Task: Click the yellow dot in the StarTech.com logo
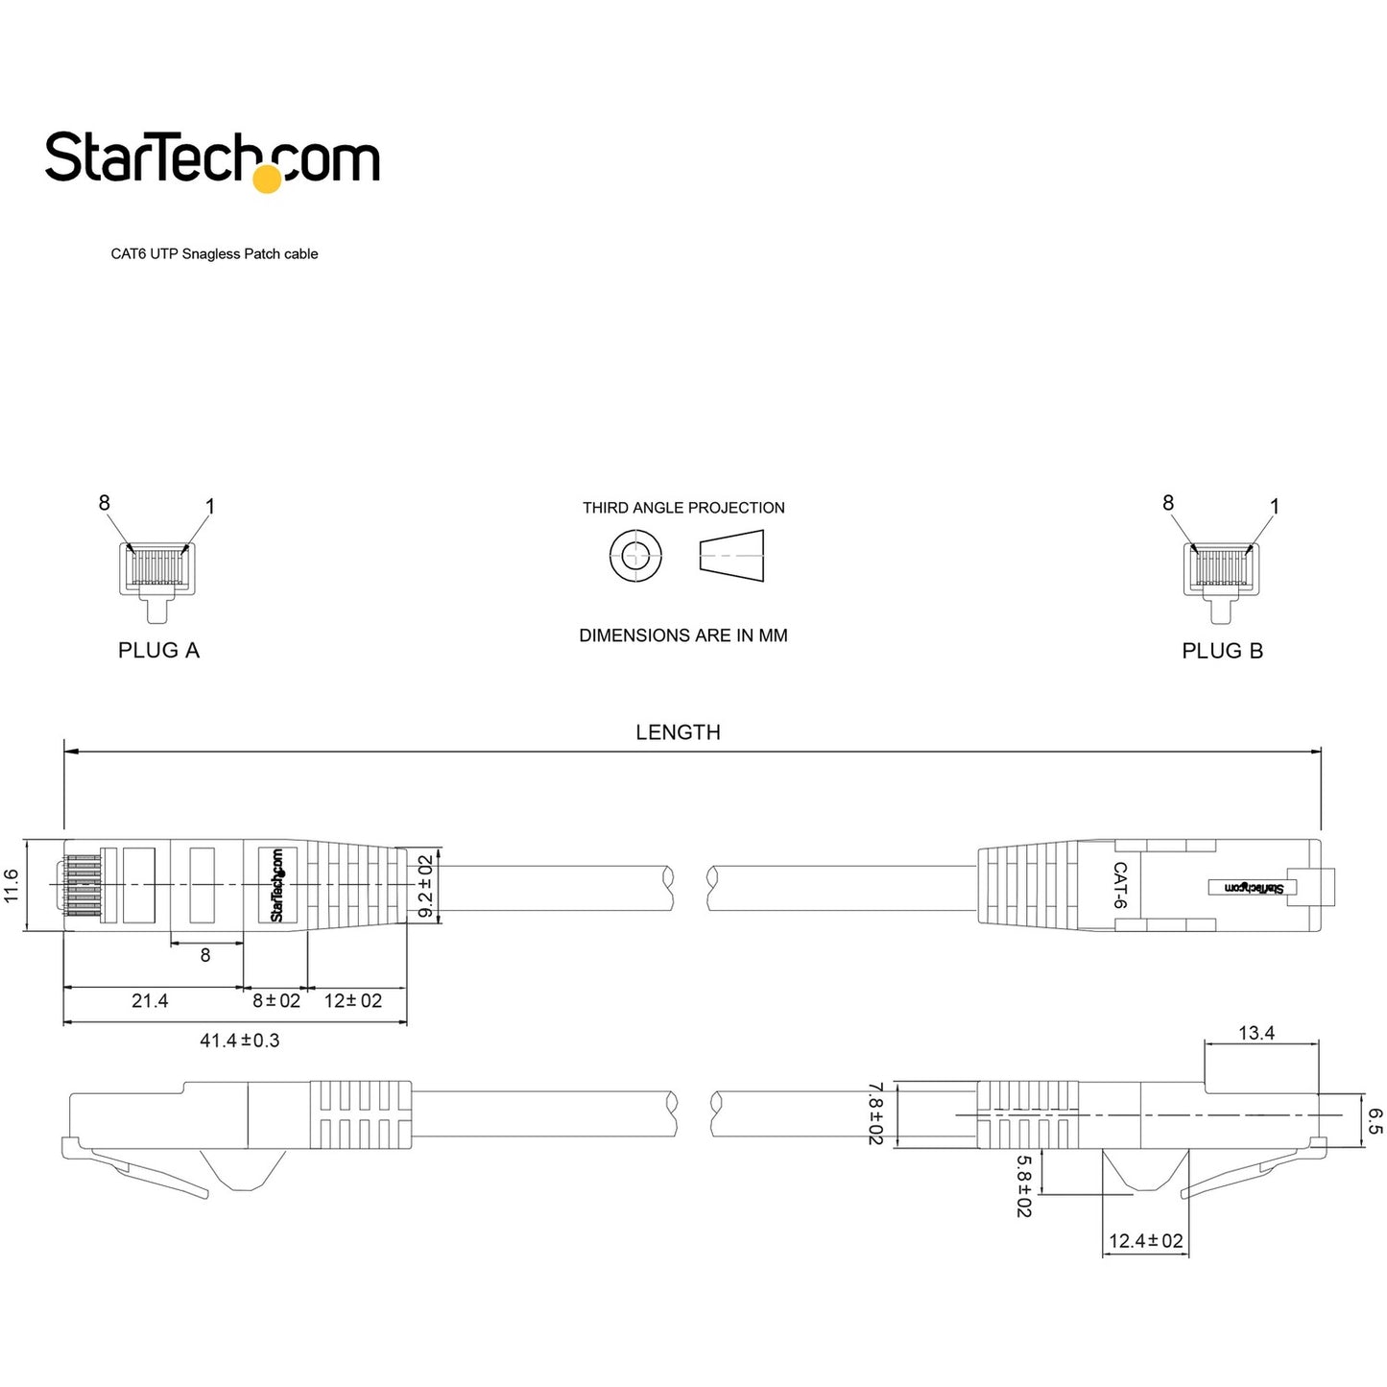click(267, 179)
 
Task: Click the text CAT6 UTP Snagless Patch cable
click(214, 254)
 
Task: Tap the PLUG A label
click(158, 651)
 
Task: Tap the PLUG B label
click(1222, 651)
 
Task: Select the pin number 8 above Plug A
click(104, 503)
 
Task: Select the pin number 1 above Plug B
click(1275, 506)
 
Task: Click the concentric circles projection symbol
click(635, 556)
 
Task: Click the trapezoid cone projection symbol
click(731, 556)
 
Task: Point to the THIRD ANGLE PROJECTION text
click(683, 508)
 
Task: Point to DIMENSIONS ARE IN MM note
click(683, 635)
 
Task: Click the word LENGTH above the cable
click(678, 732)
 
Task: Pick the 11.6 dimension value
click(12, 885)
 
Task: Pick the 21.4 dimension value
click(150, 1001)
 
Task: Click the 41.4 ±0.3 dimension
click(240, 1040)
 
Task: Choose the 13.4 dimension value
click(1256, 1034)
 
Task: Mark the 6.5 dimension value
click(1375, 1121)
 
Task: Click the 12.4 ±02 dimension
click(1146, 1241)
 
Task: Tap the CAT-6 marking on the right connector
click(1119, 885)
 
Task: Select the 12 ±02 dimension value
click(353, 1001)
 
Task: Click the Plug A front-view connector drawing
click(156, 573)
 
